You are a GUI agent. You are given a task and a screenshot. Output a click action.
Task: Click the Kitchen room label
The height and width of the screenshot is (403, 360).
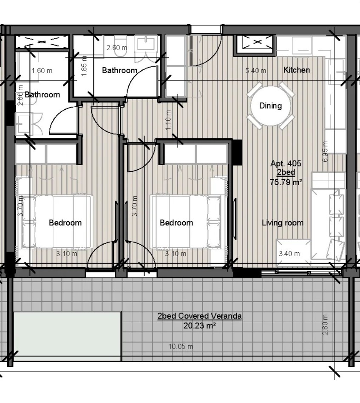pyautogui.click(x=297, y=70)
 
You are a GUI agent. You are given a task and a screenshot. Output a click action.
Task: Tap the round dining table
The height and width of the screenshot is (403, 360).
pyautogui.click(x=270, y=106)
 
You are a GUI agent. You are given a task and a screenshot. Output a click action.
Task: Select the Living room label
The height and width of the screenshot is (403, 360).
pyautogui.click(x=283, y=223)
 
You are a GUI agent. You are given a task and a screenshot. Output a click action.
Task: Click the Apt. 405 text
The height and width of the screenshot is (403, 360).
pyautogui.click(x=286, y=163)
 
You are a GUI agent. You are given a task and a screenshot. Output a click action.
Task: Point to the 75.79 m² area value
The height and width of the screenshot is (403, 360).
pyautogui.click(x=286, y=182)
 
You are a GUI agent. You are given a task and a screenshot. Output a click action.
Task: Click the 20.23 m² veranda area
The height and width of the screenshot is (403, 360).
pyautogui.click(x=199, y=326)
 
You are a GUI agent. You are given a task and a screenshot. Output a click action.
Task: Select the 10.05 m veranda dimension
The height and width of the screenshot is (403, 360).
pyautogui.click(x=181, y=346)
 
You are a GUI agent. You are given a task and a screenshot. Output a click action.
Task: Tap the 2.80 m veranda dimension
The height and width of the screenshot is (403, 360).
pyautogui.click(x=325, y=324)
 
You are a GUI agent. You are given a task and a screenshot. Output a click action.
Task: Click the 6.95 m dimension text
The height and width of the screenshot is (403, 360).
pyautogui.click(x=325, y=151)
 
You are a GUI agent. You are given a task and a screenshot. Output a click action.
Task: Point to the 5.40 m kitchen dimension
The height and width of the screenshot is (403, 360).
pyautogui.click(x=256, y=71)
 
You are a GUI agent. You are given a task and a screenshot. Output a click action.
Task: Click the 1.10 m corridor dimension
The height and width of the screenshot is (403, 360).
pyautogui.click(x=168, y=120)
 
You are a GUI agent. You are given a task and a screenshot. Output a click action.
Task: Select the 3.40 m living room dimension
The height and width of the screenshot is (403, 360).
pyautogui.click(x=289, y=254)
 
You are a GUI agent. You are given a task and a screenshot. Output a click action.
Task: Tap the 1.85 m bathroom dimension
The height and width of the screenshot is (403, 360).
pyautogui.click(x=84, y=66)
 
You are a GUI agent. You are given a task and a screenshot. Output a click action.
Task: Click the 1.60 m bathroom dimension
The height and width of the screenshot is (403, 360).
pyautogui.click(x=42, y=71)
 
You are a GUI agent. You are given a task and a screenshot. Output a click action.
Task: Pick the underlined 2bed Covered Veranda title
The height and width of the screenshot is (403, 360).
pyautogui.click(x=199, y=316)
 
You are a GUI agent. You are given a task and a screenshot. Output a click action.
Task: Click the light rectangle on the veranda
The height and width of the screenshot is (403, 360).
pyautogui.click(x=67, y=334)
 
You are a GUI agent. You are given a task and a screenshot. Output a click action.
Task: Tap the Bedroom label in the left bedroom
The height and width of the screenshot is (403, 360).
pyautogui.click(x=65, y=223)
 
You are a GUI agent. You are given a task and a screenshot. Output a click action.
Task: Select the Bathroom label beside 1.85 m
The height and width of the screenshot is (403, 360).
pyautogui.click(x=119, y=70)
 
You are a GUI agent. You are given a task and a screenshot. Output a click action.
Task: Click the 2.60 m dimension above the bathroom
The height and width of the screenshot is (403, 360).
pyautogui.click(x=117, y=48)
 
